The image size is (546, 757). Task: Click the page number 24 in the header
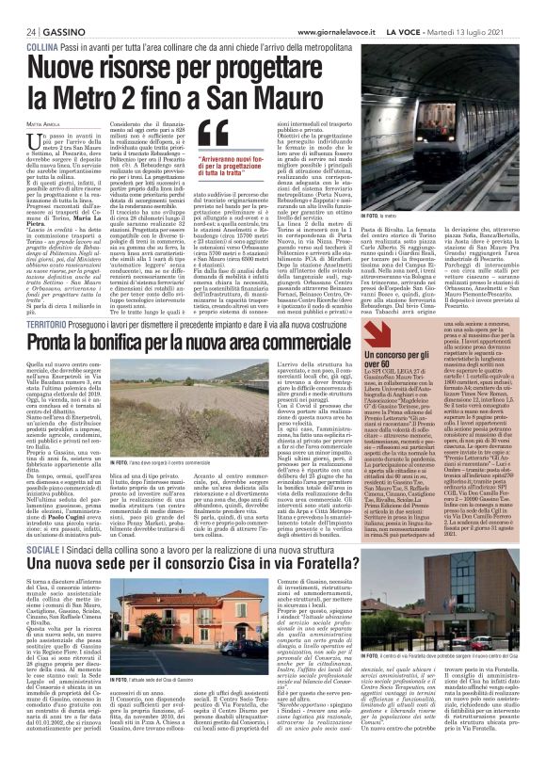point(17,8)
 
